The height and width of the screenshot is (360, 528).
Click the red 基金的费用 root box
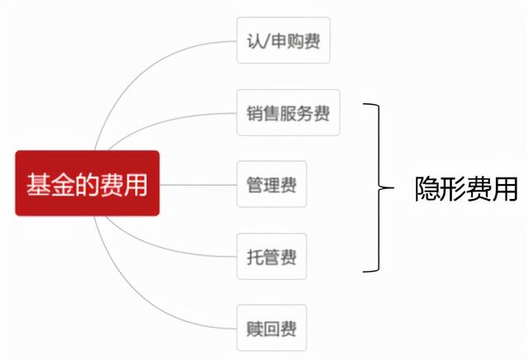[87, 183]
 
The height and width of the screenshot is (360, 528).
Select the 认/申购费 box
[283, 40]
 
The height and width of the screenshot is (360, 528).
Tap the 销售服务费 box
[288, 112]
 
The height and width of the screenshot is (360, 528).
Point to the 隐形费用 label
[465, 190]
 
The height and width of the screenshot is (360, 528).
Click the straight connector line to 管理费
[198, 184]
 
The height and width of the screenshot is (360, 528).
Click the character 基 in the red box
[36, 183]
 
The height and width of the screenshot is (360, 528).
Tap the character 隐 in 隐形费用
[427, 190]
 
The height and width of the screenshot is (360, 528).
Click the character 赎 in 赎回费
[254, 328]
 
